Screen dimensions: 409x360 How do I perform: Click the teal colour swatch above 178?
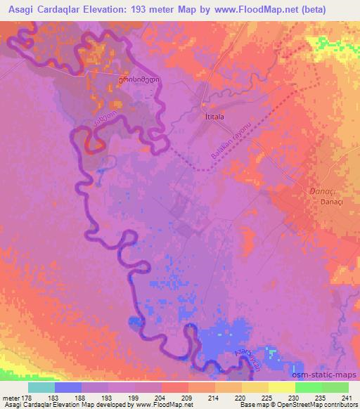pos(41,387)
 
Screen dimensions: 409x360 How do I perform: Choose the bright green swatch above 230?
pos(308,387)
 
